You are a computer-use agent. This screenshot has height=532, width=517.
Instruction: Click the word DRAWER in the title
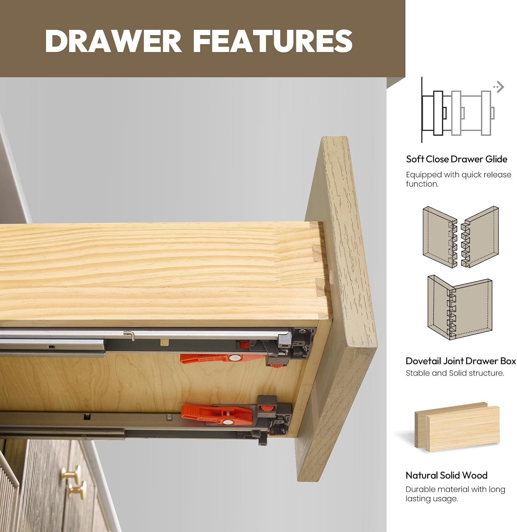coord(114,41)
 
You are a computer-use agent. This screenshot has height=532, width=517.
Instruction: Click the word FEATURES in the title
coord(273,41)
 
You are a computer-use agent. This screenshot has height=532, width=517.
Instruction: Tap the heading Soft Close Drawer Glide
coord(457,159)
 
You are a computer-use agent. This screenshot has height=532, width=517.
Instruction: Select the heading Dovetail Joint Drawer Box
coord(461,361)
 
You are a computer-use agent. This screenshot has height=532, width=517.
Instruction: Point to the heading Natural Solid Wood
coord(446,475)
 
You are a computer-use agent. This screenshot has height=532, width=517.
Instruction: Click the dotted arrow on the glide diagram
coord(499,87)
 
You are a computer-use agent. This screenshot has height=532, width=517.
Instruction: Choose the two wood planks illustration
coord(457,427)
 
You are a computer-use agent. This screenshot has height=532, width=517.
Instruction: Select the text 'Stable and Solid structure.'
coord(455,373)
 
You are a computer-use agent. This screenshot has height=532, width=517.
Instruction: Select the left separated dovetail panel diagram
coord(440,237)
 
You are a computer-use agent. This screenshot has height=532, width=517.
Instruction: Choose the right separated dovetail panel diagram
coord(480,237)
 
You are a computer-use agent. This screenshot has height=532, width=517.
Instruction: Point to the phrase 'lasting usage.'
coord(432,499)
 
